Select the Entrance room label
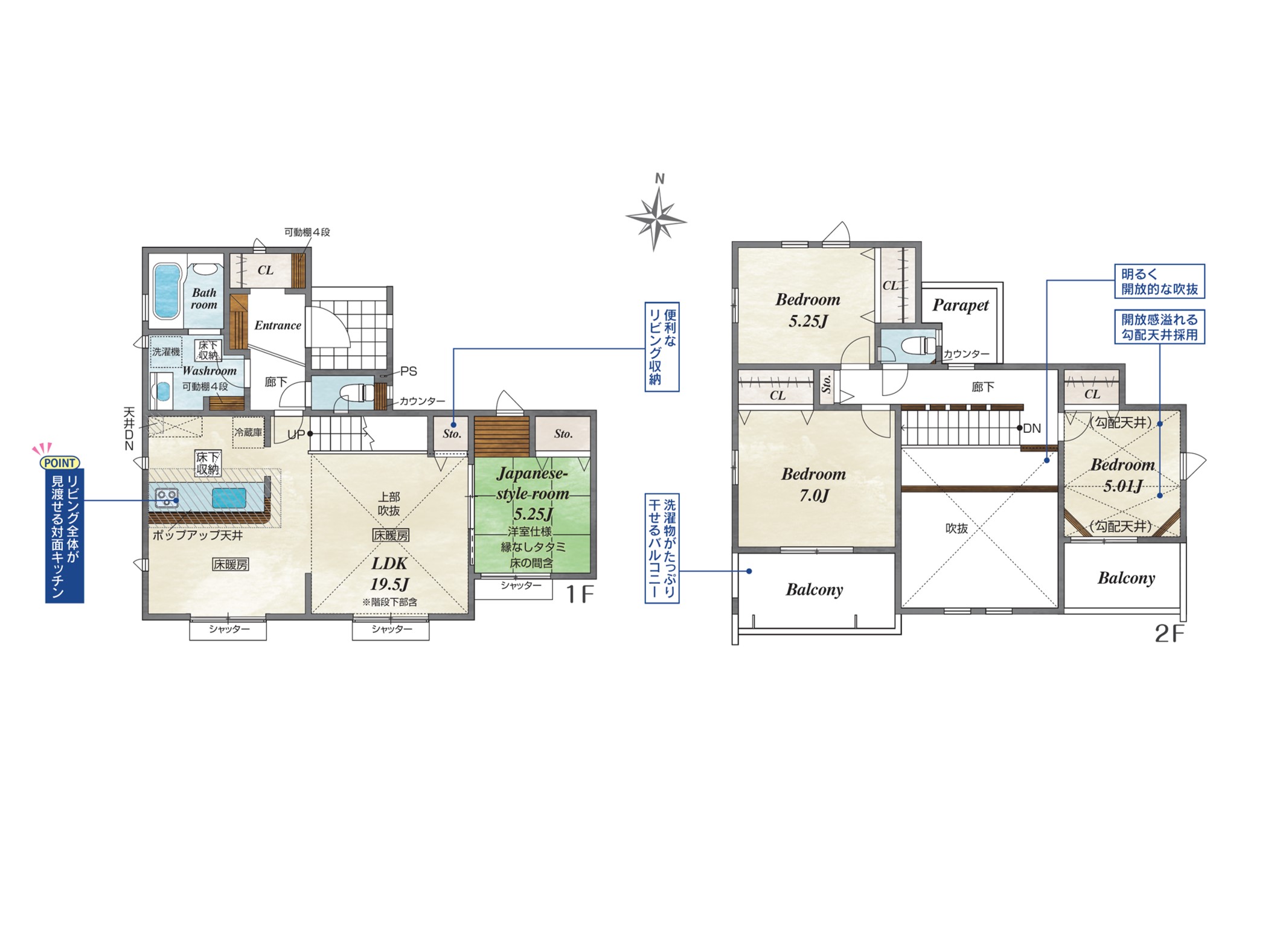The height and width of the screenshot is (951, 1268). [278, 325]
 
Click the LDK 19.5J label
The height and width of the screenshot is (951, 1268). [389, 574]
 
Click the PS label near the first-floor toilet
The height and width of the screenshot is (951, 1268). [409, 371]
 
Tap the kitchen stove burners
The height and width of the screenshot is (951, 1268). [167, 498]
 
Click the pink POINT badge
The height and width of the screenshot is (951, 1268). [59, 463]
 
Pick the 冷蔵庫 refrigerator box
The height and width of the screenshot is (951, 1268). [249, 432]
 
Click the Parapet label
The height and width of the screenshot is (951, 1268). [960, 306]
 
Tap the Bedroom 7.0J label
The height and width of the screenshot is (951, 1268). [813, 485]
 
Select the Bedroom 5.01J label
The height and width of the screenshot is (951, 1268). [1123, 475]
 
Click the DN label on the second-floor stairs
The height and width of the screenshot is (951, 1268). [1032, 429]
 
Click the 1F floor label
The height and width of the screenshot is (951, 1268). [580, 595]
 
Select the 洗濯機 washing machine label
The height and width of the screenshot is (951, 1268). [166, 351]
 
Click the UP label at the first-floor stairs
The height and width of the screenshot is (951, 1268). [296, 434]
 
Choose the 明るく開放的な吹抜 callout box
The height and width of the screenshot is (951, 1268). [1159, 281]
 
